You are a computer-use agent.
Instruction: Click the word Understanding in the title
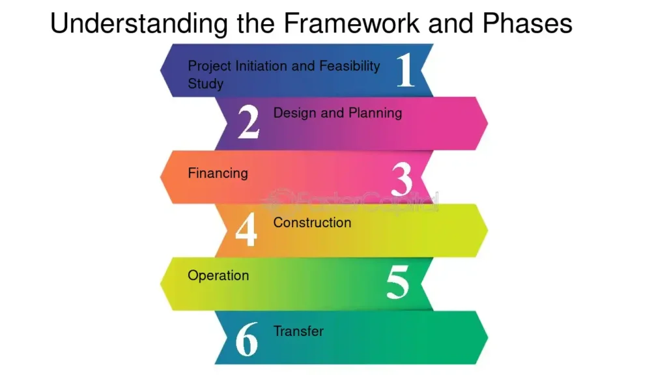[139, 23]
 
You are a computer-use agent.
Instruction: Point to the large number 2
[248, 122]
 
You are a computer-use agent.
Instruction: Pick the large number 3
[401, 179]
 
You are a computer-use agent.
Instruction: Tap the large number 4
[246, 230]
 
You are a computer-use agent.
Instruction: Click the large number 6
[247, 339]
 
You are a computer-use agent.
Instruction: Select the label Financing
[218, 173]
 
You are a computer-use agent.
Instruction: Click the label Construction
[312, 223]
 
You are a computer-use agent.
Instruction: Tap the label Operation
[218, 276]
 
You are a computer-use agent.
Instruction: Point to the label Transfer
[298, 331]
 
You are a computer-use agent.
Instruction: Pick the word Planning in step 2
[375, 113]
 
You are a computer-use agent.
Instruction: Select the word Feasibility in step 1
[350, 66]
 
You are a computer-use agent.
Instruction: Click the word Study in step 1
[205, 84]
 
